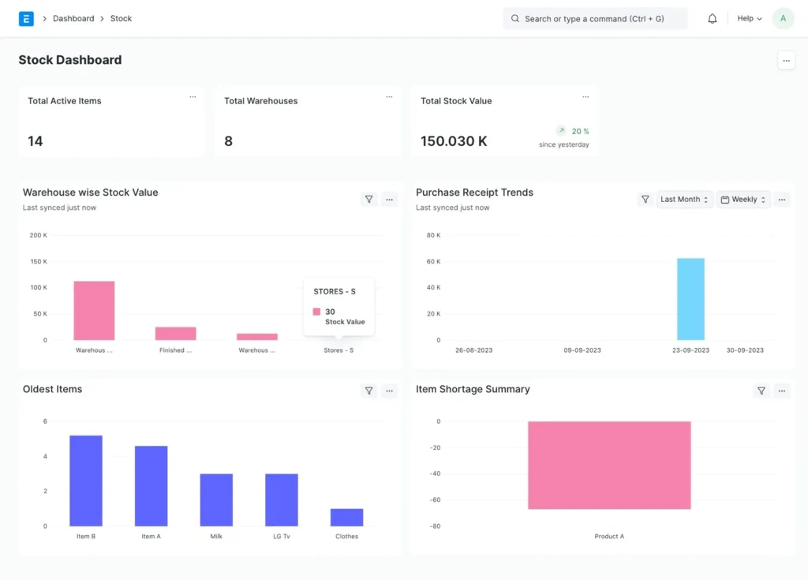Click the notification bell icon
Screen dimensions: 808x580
pyautogui.click(x=713, y=19)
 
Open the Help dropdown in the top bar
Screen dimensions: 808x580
pyautogui.click(x=750, y=19)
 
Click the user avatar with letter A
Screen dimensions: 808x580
pyautogui.click(x=783, y=19)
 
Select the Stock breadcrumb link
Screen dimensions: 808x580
pyautogui.click(x=121, y=19)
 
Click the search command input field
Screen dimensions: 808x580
pyautogui.click(x=595, y=19)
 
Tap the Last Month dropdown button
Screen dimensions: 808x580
pyautogui.click(x=684, y=200)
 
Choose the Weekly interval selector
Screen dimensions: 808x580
pyautogui.click(x=743, y=200)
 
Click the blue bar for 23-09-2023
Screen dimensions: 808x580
pyautogui.click(x=690, y=299)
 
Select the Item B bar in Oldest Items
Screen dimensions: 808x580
pyautogui.click(x=86, y=481)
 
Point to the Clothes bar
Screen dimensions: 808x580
pyautogui.click(x=347, y=518)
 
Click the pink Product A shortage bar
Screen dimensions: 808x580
pyautogui.click(x=609, y=465)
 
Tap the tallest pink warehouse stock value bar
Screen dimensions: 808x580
pyautogui.click(x=95, y=310)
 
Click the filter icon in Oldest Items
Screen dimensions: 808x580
pyautogui.click(x=369, y=391)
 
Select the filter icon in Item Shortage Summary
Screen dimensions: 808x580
pyautogui.click(x=761, y=391)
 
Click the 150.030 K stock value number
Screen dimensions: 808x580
pyautogui.click(x=454, y=141)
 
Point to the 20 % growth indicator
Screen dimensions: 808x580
pyautogui.click(x=573, y=131)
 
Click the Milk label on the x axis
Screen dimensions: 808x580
pyautogui.click(x=216, y=536)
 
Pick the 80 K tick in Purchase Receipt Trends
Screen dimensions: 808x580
pyautogui.click(x=433, y=235)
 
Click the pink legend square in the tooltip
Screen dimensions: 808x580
pyautogui.click(x=316, y=312)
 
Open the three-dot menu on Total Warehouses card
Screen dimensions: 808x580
pyautogui.click(x=389, y=97)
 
